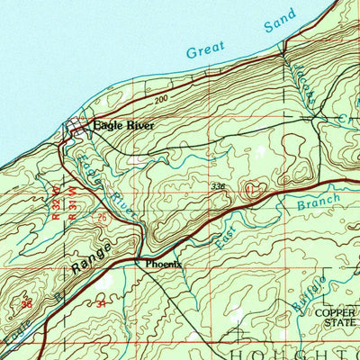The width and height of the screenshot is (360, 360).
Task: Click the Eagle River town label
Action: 123,127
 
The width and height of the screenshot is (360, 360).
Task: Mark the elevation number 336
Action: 219,186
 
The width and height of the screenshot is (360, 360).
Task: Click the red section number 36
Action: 26,304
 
